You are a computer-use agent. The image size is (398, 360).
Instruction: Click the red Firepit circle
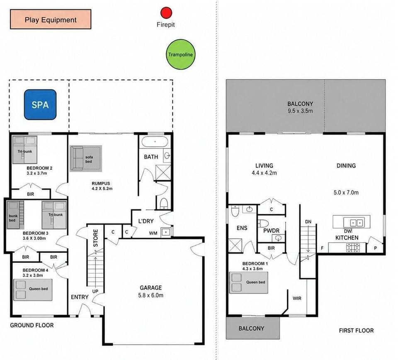click(x=166, y=13)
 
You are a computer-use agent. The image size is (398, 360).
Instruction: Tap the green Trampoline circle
click(x=180, y=54)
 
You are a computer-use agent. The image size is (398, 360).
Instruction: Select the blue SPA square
click(x=40, y=105)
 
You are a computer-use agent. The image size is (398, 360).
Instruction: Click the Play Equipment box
click(x=51, y=19)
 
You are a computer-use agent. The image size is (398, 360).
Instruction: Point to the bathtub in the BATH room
click(x=155, y=142)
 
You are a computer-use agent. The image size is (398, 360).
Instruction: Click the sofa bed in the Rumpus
click(x=86, y=158)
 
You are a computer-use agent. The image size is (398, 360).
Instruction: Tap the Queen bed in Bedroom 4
click(x=33, y=290)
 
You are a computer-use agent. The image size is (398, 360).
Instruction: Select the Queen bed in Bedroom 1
click(x=248, y=283)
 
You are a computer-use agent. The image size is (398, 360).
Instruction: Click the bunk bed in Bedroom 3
click(x=15, y=215)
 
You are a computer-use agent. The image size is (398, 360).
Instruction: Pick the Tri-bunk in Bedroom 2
click(x=25, y=150)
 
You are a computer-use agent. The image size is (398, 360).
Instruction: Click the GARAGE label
click(x=151, y=288)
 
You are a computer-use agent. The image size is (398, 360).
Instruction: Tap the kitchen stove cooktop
click(x=353, y=248)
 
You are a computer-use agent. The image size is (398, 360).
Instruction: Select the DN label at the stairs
click(x=308, y=221)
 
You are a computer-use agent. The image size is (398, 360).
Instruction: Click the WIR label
click(x=297, y=298)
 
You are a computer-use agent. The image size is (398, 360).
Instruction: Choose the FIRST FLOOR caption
click(x=357, y=331)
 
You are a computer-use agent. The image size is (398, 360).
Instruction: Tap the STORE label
click(x=95, y=238)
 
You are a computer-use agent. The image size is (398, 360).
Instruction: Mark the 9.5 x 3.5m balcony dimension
click(x=300, y=111)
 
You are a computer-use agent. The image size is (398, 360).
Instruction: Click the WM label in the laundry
click(x=153, y=233)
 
